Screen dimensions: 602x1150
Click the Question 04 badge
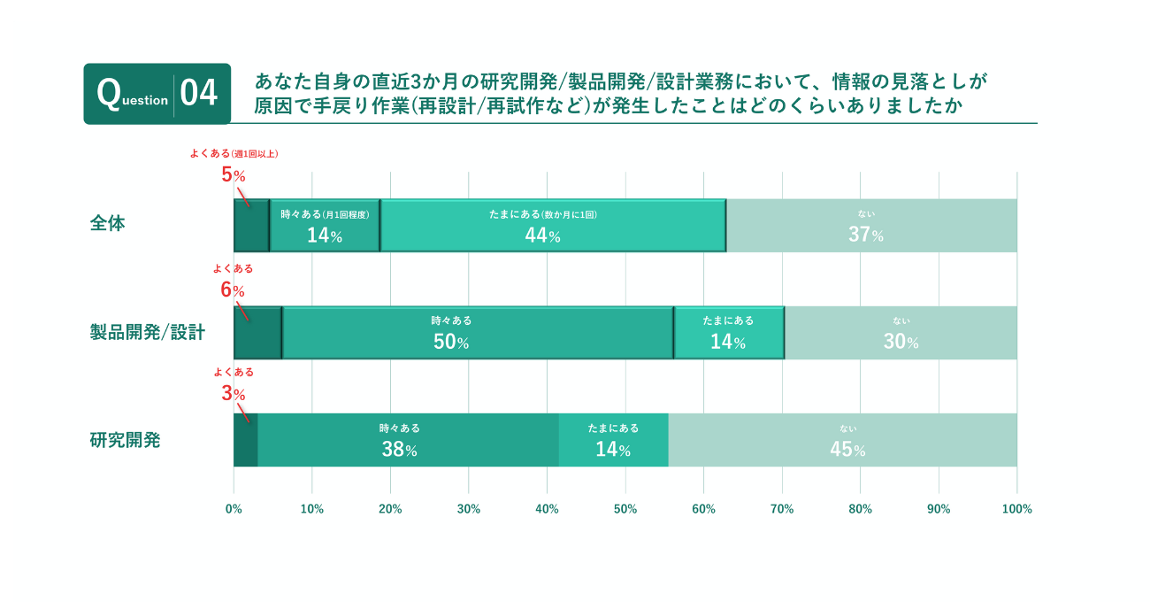[157, 93]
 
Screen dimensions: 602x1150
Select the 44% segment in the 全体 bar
[553, 226]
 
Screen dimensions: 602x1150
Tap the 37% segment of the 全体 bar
[871, 226]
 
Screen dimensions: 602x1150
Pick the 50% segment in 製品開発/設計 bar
[478, 333]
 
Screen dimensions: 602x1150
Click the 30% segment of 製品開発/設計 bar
[901, 333]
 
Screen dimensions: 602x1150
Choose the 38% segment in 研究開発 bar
[408, 440]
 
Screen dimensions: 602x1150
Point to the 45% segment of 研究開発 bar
[842, 440]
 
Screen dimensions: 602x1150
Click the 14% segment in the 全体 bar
[325, 226]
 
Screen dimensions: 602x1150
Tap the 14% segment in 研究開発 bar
[613, 440]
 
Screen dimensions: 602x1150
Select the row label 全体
[108, 223]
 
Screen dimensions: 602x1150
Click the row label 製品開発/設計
[147, 332]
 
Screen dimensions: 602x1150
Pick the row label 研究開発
[125, 439]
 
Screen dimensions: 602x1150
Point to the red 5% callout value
[233, 174]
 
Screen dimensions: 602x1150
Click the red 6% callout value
[232, 289]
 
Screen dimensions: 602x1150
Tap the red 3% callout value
[233, 394]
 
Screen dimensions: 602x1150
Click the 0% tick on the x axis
[234, 509]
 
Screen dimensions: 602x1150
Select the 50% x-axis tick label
[625, 509]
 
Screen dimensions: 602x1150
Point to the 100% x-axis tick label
[1017, 509]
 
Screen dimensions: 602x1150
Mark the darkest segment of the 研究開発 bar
[246, 440]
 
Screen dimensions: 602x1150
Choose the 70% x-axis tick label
[782, 509]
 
